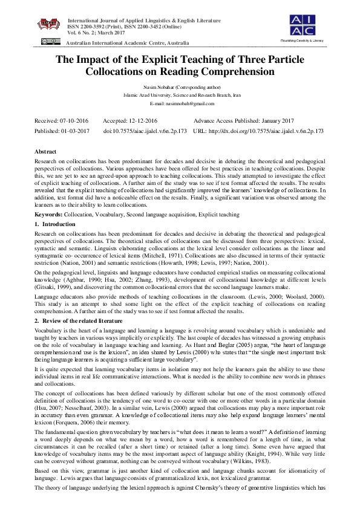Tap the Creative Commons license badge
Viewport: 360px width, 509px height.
[x=51, y=42]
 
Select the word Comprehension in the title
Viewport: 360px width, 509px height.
[x=241, y=71]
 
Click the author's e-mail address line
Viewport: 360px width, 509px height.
[x=179, y=104]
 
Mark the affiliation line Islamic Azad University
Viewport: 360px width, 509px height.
[x=179, y=96]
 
